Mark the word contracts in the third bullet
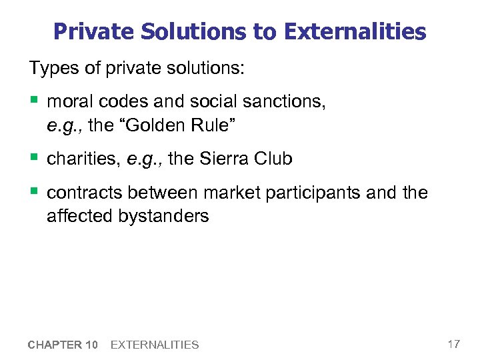[85, 193]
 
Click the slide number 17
[453, 344]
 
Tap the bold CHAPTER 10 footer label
[63, 345]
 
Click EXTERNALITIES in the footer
[154, 345]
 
